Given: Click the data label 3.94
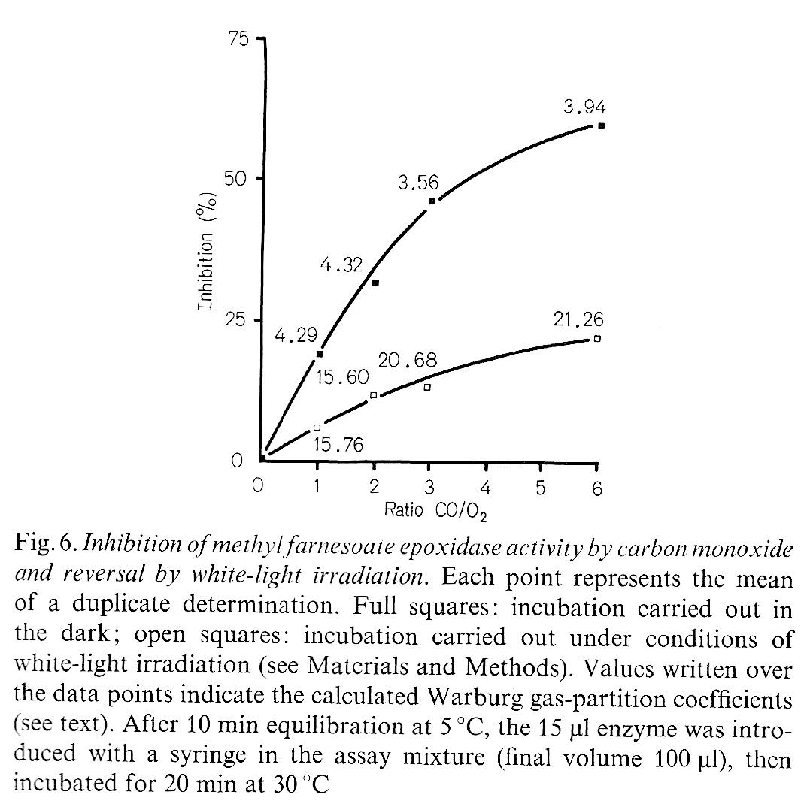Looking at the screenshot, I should (584, 107).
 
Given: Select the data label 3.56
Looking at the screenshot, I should (418, 183).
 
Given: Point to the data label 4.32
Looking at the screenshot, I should (341, 265).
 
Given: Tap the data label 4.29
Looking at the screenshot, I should (296, 336).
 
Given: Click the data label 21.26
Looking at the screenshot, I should (579, 320).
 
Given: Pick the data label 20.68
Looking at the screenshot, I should (407, 361).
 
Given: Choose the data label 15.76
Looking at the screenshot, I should (338, 445).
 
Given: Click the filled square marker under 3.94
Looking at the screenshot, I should (601, 126).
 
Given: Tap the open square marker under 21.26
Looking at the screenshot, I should (597, 339).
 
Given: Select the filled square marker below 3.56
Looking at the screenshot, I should (432, 201).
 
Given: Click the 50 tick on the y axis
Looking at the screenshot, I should (238, 178).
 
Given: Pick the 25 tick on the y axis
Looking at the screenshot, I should (238, 320).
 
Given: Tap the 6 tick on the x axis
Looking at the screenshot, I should (597, 488).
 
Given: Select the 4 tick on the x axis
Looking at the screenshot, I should (485, 488).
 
